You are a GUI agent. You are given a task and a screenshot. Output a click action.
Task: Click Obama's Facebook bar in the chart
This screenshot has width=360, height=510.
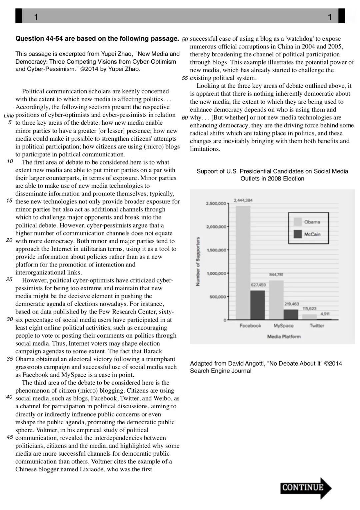tap(243, 263)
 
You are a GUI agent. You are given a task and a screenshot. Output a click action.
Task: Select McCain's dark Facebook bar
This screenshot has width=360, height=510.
tap(258, 305)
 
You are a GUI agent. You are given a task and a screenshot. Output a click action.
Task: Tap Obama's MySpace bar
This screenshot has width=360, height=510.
tap(276, 300)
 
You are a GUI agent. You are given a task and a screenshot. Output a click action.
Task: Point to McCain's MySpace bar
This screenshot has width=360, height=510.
tap(291, 315)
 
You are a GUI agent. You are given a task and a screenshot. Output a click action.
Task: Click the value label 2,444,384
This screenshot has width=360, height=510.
tap(243, 200)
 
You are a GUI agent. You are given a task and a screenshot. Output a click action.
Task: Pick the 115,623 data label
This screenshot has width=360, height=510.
tap(309, 309)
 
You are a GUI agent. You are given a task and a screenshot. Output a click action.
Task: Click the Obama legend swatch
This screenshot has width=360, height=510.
tap(298, 222)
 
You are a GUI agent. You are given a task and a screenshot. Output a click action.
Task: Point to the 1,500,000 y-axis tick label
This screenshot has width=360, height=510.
tap(217, 250)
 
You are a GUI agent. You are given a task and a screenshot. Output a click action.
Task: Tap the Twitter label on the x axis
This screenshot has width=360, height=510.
tap(317, 326)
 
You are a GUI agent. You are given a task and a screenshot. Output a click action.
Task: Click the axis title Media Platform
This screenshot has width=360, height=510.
tap(284, 337)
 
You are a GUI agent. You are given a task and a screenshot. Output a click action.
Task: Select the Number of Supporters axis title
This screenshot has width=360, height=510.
tap(198, 262)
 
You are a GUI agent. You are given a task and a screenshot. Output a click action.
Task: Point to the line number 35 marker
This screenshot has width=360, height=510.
tap(10, 359)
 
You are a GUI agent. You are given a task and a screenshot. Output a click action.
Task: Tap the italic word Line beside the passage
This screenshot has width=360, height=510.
tap(9, 116)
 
